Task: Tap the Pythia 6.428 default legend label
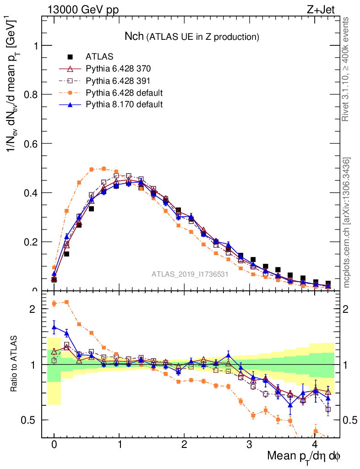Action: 124,93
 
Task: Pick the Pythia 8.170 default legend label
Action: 124,105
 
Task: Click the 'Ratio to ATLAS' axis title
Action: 15,365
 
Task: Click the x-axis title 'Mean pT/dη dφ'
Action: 304,456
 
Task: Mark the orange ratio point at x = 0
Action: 54,303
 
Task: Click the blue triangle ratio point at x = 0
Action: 54,327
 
